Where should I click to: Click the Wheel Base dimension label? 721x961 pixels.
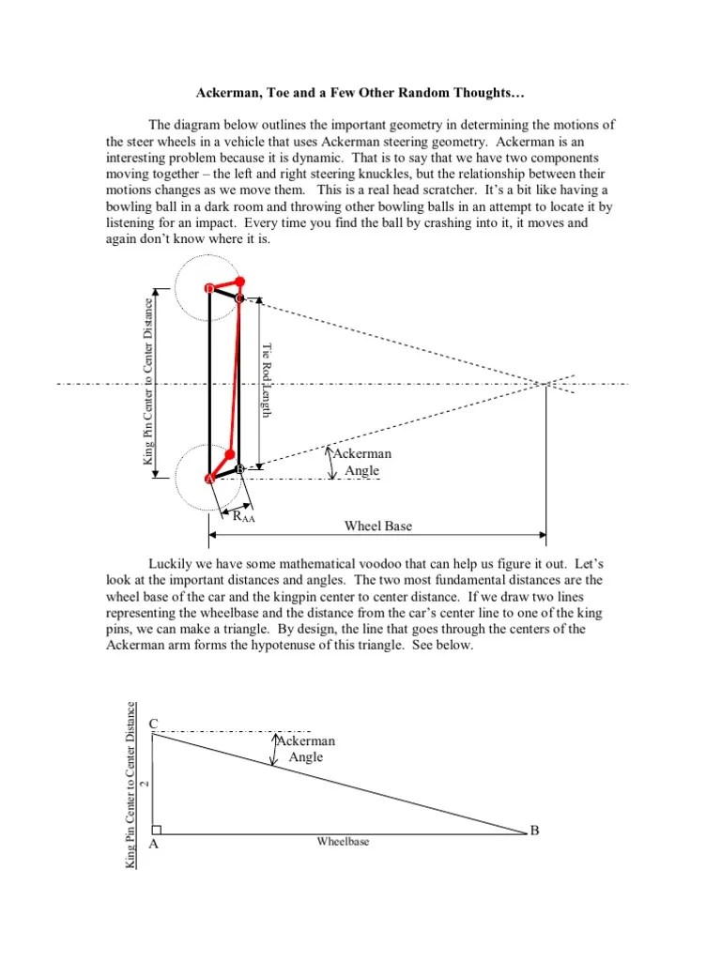coord(377,526)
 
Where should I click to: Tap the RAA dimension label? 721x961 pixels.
coord(243,515)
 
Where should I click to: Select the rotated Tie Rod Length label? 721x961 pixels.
coord(266,380)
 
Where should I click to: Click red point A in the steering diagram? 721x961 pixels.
coord(208,479)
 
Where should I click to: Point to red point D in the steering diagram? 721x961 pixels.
coord(208,287)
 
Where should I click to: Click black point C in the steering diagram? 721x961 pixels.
coord(238,298)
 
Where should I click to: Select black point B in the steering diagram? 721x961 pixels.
coord(239,467)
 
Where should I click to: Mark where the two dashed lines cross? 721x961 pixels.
coord(547,383)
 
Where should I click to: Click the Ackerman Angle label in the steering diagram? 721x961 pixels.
coord(360,462)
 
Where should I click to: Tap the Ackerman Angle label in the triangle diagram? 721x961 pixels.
coord(304,748)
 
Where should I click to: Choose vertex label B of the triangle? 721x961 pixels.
coord(534,830)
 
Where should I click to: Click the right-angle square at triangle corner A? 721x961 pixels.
coord(157,829)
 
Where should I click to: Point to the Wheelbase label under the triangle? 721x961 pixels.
coord(343,842)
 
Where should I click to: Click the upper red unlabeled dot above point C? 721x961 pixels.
coord(240,281)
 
